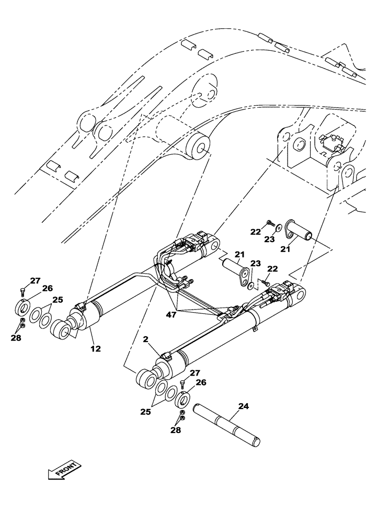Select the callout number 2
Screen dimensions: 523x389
click(x=147, y=340)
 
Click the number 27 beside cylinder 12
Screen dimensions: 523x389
click(x=35, y=281)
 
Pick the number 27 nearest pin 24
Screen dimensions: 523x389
click(x=194, y=373)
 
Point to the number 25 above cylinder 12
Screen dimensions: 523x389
click(x=58, y=300)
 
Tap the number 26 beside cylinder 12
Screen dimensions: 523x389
click(x=48, y=288)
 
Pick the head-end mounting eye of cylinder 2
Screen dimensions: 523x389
click(x=299, y=295)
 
